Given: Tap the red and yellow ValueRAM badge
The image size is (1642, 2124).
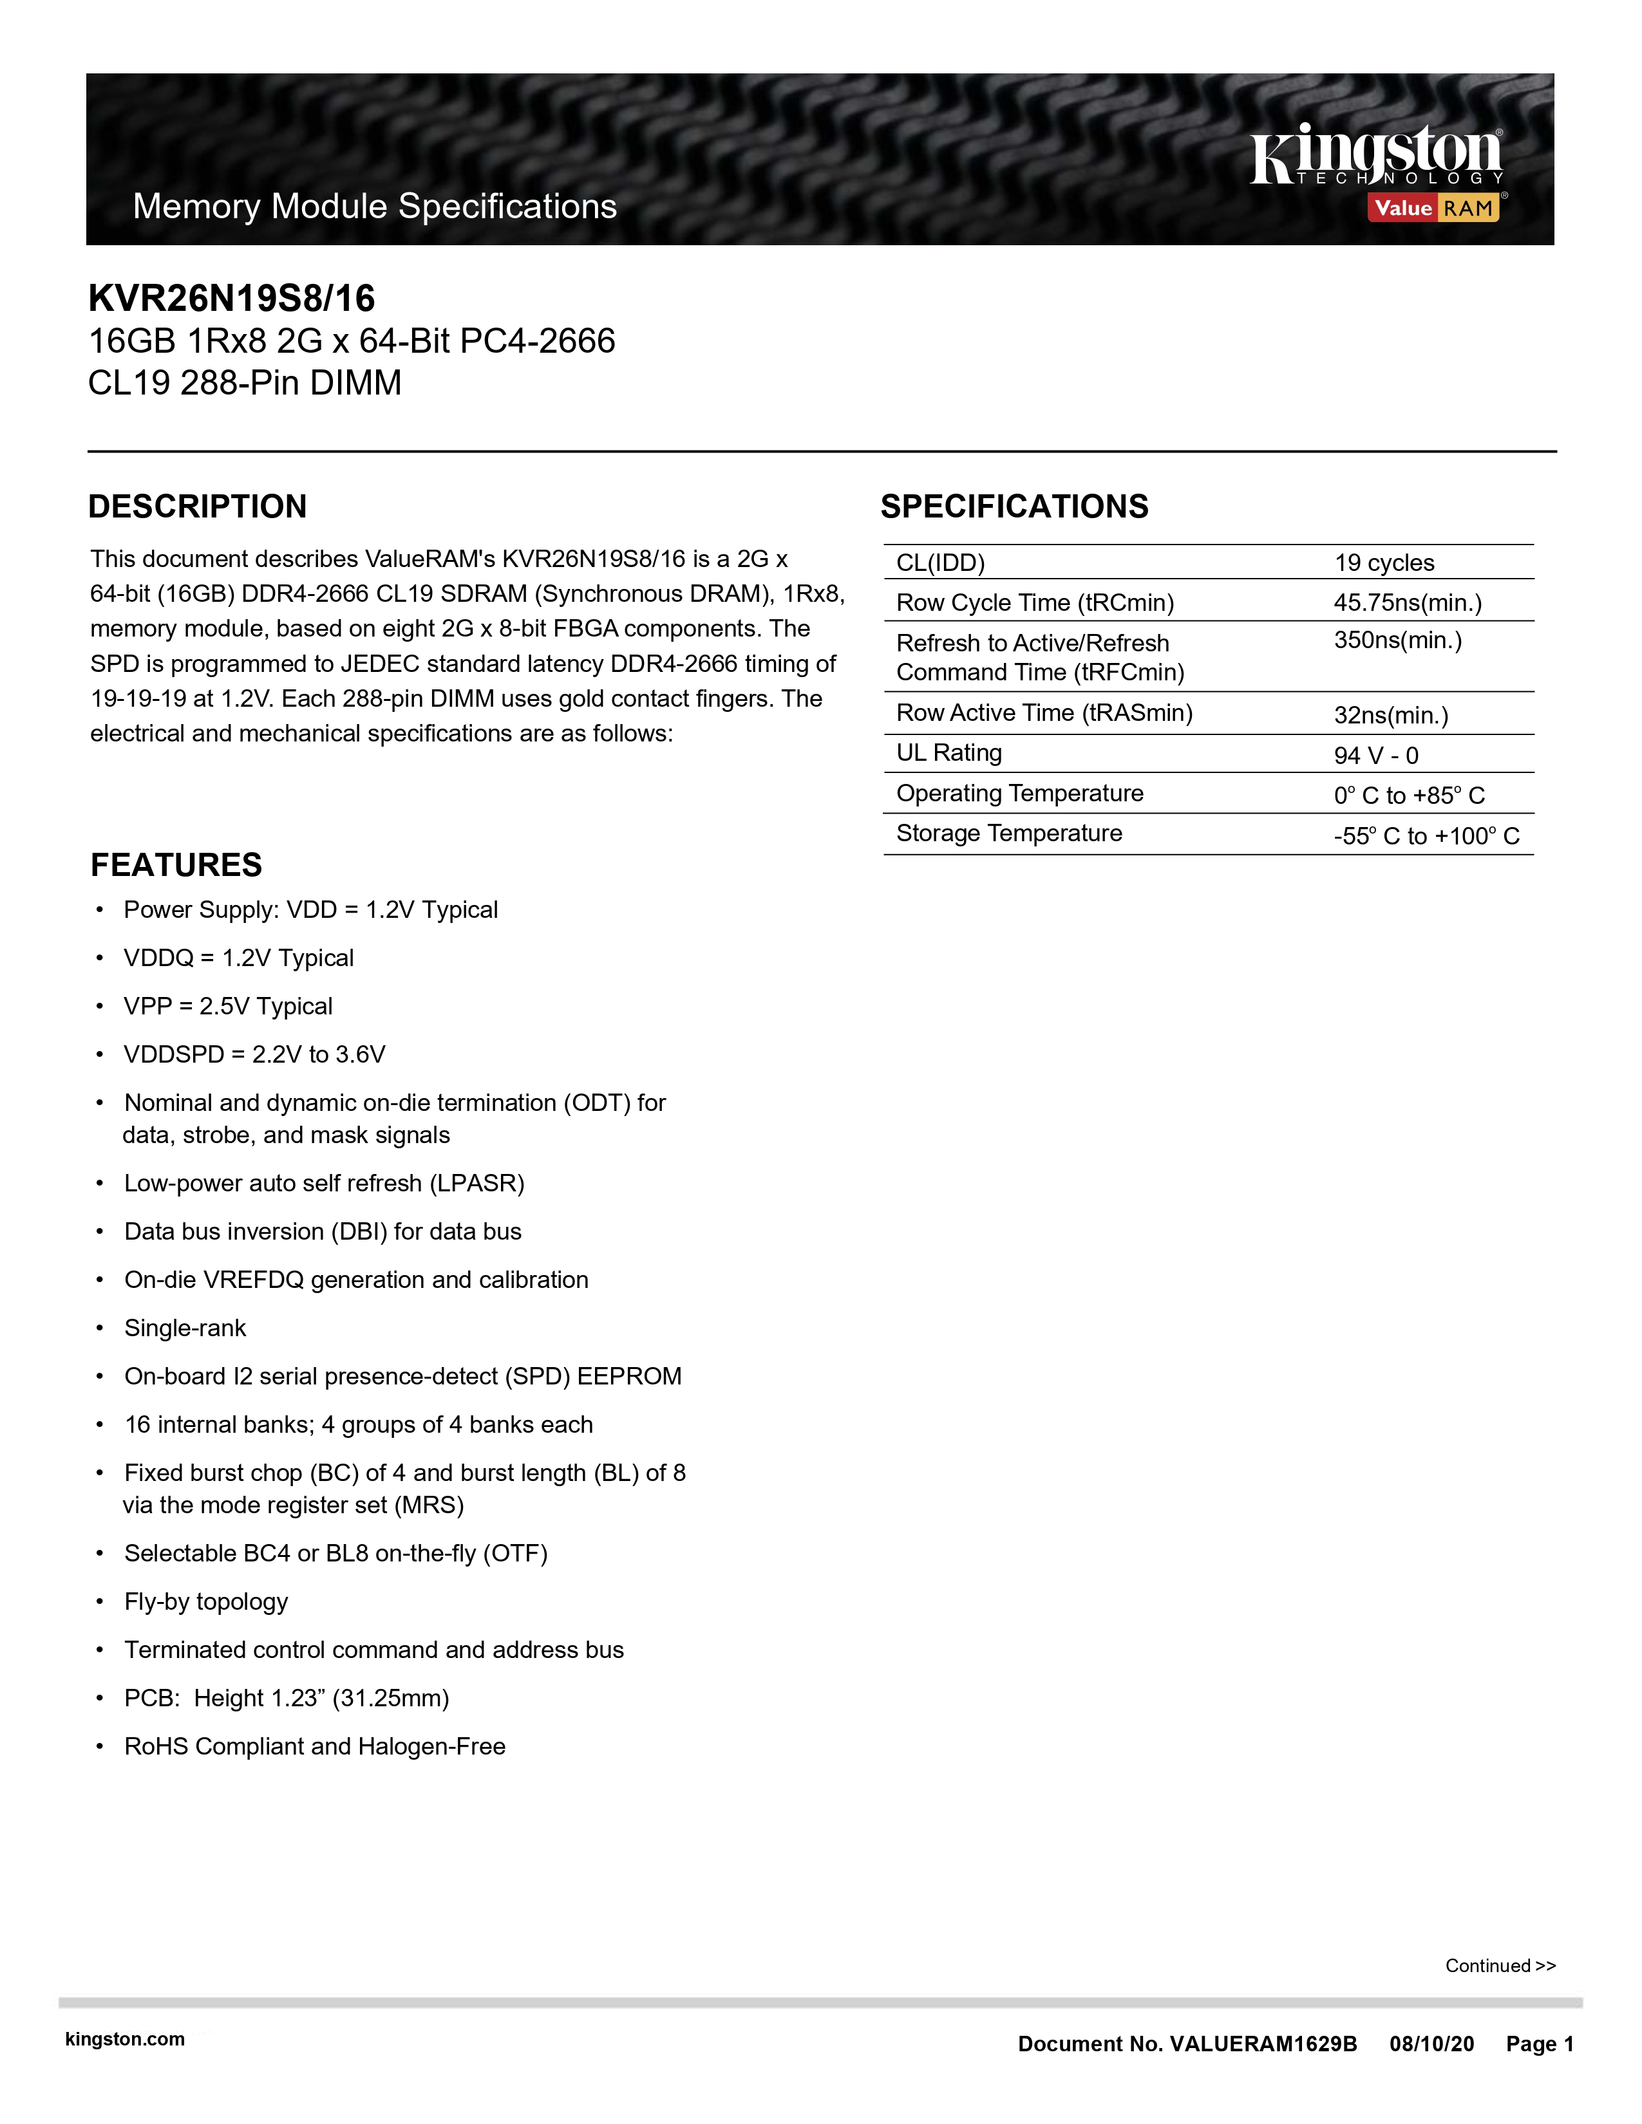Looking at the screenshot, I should pos(1434,207).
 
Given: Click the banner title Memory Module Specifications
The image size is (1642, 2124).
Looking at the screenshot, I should pos(375,206).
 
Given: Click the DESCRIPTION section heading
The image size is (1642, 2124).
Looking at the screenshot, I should pos(198,507).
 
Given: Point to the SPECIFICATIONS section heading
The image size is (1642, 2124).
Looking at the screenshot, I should pos(1014,507).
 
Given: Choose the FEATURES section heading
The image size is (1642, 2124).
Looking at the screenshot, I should pos(176,864).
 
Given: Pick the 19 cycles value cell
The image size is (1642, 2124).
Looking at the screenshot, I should pos(1383,563).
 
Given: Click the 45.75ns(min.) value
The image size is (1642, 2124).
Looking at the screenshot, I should pos(1406,603).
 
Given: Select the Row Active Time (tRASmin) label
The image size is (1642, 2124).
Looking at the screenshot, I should pos(1044,713).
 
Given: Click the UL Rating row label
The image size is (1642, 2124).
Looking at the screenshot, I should pos(948,753).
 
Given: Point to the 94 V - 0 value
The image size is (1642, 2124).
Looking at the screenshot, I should pos(1375,756).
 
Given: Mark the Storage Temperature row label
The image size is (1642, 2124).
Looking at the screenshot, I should pos(1009,834).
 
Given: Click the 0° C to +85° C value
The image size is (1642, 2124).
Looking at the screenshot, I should pos(1408,796).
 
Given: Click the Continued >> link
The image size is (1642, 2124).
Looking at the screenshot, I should pos(1500,1966).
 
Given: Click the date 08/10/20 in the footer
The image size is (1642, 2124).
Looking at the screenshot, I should pos(1431,2044).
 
